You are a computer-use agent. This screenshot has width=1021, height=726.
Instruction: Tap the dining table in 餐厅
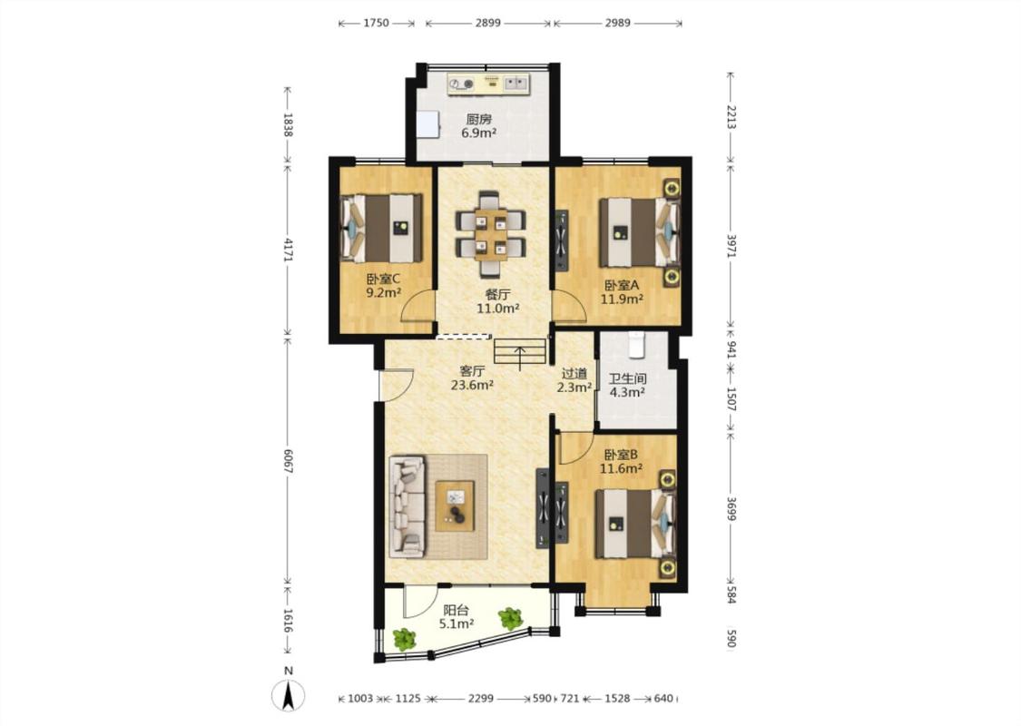pos(490,234)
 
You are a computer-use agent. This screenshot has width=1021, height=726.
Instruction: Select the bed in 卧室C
pos(381,228)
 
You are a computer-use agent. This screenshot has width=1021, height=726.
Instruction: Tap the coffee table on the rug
pos(456,505)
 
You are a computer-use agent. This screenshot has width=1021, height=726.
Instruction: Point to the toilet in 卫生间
pos(635,345)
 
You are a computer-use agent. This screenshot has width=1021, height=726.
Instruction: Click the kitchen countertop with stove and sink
pos(488,83)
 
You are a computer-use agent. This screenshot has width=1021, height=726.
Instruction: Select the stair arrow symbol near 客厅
pos(520,358)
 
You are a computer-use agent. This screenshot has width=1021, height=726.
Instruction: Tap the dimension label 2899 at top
pos(487,23)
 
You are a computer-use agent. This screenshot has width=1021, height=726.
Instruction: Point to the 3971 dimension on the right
pos(731,246)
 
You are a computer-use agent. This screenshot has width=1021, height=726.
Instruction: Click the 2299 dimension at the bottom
pos(480,699)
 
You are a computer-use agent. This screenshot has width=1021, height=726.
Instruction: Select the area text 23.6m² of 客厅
pos(472,385)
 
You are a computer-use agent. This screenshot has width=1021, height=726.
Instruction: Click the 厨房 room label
pos(478,120)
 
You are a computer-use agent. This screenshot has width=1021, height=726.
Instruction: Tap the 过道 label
pos(574,374)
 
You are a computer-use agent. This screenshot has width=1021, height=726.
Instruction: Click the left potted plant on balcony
pos(405,639)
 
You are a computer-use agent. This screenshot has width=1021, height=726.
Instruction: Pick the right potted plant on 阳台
pos(510,618)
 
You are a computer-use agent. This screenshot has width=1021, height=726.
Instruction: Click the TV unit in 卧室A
pos(561,240)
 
